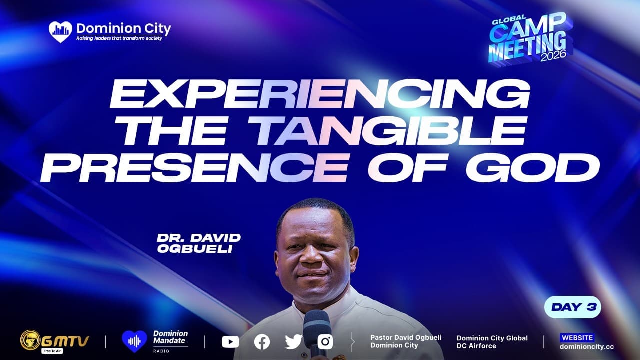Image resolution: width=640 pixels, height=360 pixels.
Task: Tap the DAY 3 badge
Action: (x=573, y=307)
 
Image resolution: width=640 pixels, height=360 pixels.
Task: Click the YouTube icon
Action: (x=230, y=342)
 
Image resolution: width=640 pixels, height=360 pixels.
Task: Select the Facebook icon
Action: (x=262, y=342)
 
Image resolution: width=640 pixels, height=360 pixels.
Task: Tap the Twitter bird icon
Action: (x=293, y=342)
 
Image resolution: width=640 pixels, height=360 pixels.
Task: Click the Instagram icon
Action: (x=325, y=342)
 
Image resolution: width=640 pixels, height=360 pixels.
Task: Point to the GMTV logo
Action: (x=54, y=341)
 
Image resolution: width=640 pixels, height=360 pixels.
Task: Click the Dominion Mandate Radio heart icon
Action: (x=134, y=341)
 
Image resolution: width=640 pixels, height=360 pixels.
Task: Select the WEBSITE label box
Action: (x=577, y=338)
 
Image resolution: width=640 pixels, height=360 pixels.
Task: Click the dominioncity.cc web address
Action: (x=587, y=347)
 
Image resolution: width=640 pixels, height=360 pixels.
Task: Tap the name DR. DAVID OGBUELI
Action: (x=199, y=243)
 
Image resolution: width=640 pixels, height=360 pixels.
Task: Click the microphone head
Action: (x=317, y=325)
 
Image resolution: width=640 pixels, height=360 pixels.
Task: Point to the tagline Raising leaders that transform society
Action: (x=119, y=38)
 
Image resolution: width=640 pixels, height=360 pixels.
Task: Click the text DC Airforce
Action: (x=476, y=346)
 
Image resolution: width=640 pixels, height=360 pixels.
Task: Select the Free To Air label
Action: (x=52, y=351)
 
